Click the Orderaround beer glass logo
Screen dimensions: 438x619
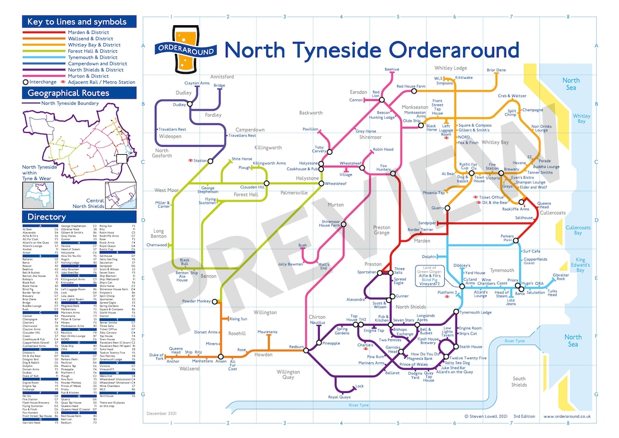186,49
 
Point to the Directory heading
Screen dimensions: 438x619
47,217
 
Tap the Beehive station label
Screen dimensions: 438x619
392,69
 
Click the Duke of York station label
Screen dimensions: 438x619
156,356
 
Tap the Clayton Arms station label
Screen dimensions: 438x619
196,83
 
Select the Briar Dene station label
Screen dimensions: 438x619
496,70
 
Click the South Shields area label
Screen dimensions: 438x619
519,382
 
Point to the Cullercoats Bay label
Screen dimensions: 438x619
578,230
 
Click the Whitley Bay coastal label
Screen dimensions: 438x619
581,119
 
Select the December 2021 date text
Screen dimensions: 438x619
161,413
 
